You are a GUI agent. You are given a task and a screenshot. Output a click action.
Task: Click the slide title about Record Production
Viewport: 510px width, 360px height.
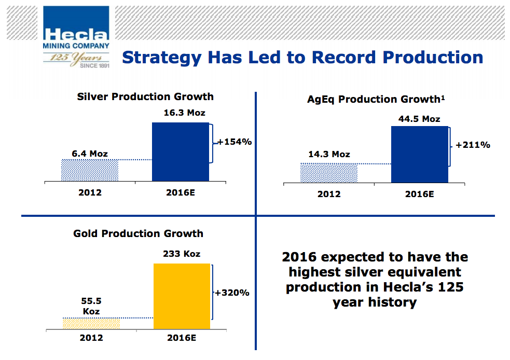click(302, 57)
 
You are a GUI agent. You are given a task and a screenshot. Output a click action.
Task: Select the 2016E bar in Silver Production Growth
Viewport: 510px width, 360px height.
click(181, 151)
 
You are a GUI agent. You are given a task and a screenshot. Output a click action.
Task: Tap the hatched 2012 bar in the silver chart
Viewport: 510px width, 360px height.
click(90, 170)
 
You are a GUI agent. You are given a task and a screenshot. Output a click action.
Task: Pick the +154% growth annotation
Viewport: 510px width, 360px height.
click(234, 141)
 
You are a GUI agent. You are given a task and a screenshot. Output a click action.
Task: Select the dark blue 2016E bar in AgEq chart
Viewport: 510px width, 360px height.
click(419, 154)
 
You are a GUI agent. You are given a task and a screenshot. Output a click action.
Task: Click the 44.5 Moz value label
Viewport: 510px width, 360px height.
click(419, 119)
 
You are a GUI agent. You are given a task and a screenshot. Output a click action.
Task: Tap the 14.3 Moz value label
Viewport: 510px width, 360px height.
click(329, 154)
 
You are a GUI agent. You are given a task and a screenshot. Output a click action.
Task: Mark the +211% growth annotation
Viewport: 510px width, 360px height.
click(472, 145)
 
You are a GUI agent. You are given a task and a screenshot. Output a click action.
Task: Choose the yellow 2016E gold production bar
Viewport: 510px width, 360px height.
click(182, 296)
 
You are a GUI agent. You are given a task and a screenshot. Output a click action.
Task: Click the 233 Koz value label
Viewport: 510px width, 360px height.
click(181, 254)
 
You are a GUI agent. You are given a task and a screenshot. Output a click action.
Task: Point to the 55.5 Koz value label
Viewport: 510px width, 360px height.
click(91, 307)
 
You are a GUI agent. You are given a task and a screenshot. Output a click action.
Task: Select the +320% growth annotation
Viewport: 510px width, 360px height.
click(232, 293)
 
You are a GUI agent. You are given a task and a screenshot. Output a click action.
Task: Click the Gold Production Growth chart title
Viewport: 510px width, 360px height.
click(138, 233)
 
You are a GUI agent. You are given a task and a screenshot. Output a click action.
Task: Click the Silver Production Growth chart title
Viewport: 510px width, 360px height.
click(145, 96)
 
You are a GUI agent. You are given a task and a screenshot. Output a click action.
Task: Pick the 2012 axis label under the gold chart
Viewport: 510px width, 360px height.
click(91, 338)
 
